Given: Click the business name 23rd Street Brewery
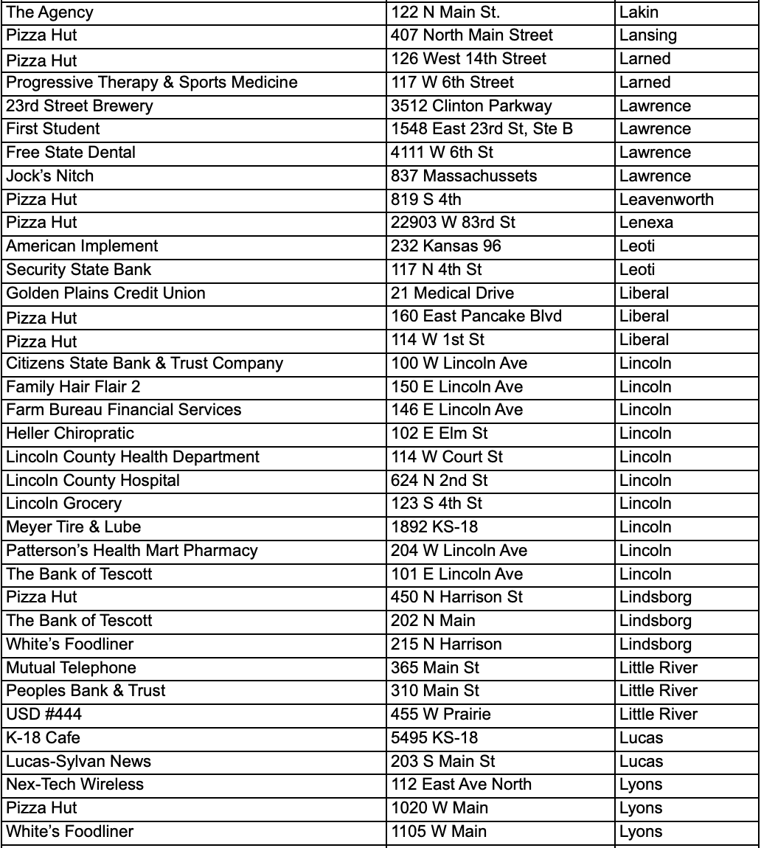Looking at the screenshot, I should [80, 105].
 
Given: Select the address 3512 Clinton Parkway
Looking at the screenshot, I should [471, 105].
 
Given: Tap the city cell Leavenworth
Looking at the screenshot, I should [667, 200].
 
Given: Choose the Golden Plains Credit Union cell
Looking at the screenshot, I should [106, 293].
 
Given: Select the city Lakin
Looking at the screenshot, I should [639, 12].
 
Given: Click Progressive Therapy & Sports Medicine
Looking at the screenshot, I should [152, 82].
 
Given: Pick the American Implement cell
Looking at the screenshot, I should [82, 246].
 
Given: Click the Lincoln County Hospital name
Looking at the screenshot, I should [93, 481].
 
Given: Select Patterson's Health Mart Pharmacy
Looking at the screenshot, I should [132, 551].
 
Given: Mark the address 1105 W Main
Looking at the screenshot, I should [439, 832].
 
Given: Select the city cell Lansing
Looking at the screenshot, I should [648, 35].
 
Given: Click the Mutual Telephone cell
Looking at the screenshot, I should [71, 668].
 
